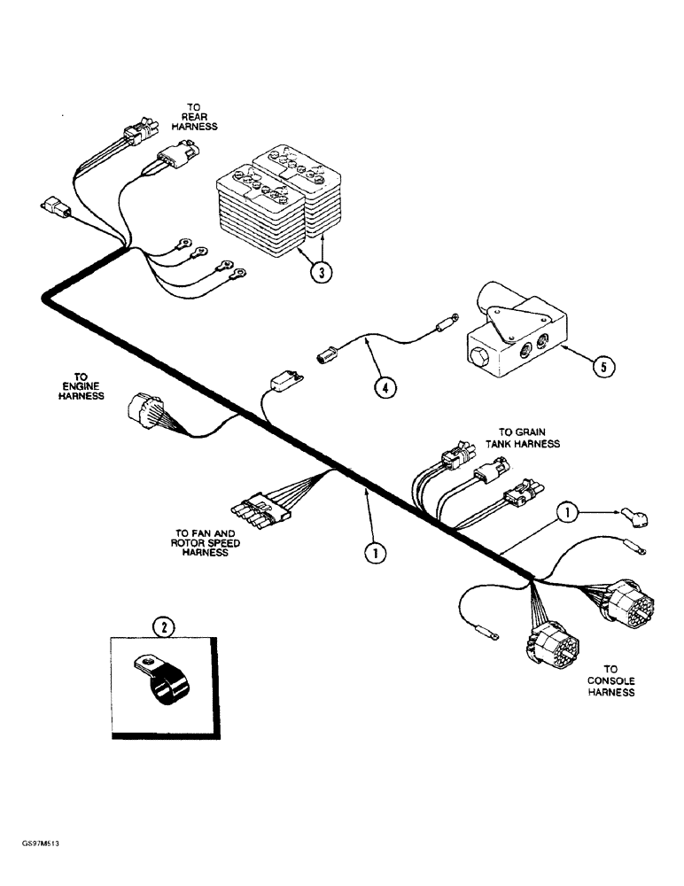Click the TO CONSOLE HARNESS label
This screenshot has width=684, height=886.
pos(610,680)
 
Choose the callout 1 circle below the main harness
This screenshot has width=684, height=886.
pos(376,552)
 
